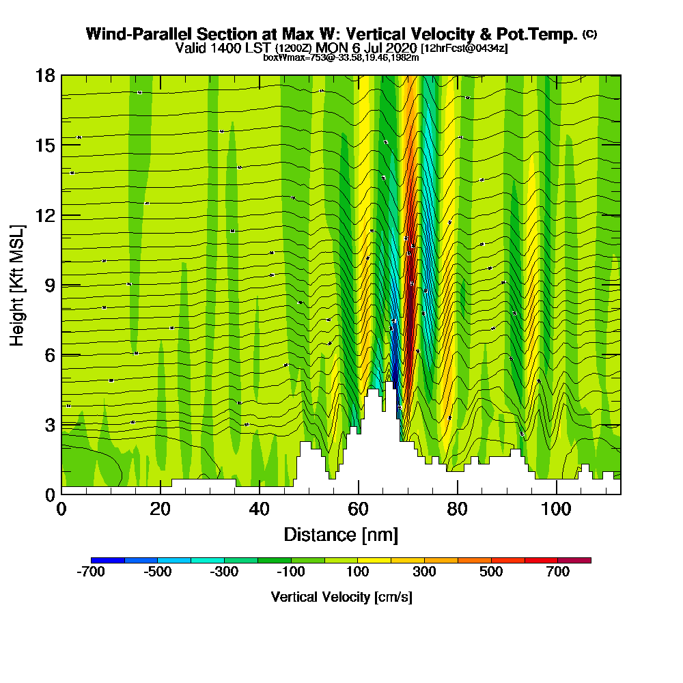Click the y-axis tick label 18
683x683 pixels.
[46, 75]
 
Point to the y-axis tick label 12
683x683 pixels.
[46, 215]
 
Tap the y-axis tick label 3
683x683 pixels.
[50, 425]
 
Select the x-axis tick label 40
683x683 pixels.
[259, 509]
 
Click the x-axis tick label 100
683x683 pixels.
[557, 509]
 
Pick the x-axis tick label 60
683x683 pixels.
[359, 509]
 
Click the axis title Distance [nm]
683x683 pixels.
[341, 534]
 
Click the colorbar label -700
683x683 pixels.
[90, 572]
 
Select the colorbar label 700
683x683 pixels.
[558, 572]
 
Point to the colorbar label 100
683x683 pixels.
[359, 572]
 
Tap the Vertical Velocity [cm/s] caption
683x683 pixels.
[341, 597]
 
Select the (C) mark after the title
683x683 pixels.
[589, 33]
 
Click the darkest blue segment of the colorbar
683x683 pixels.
[107, 560]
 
